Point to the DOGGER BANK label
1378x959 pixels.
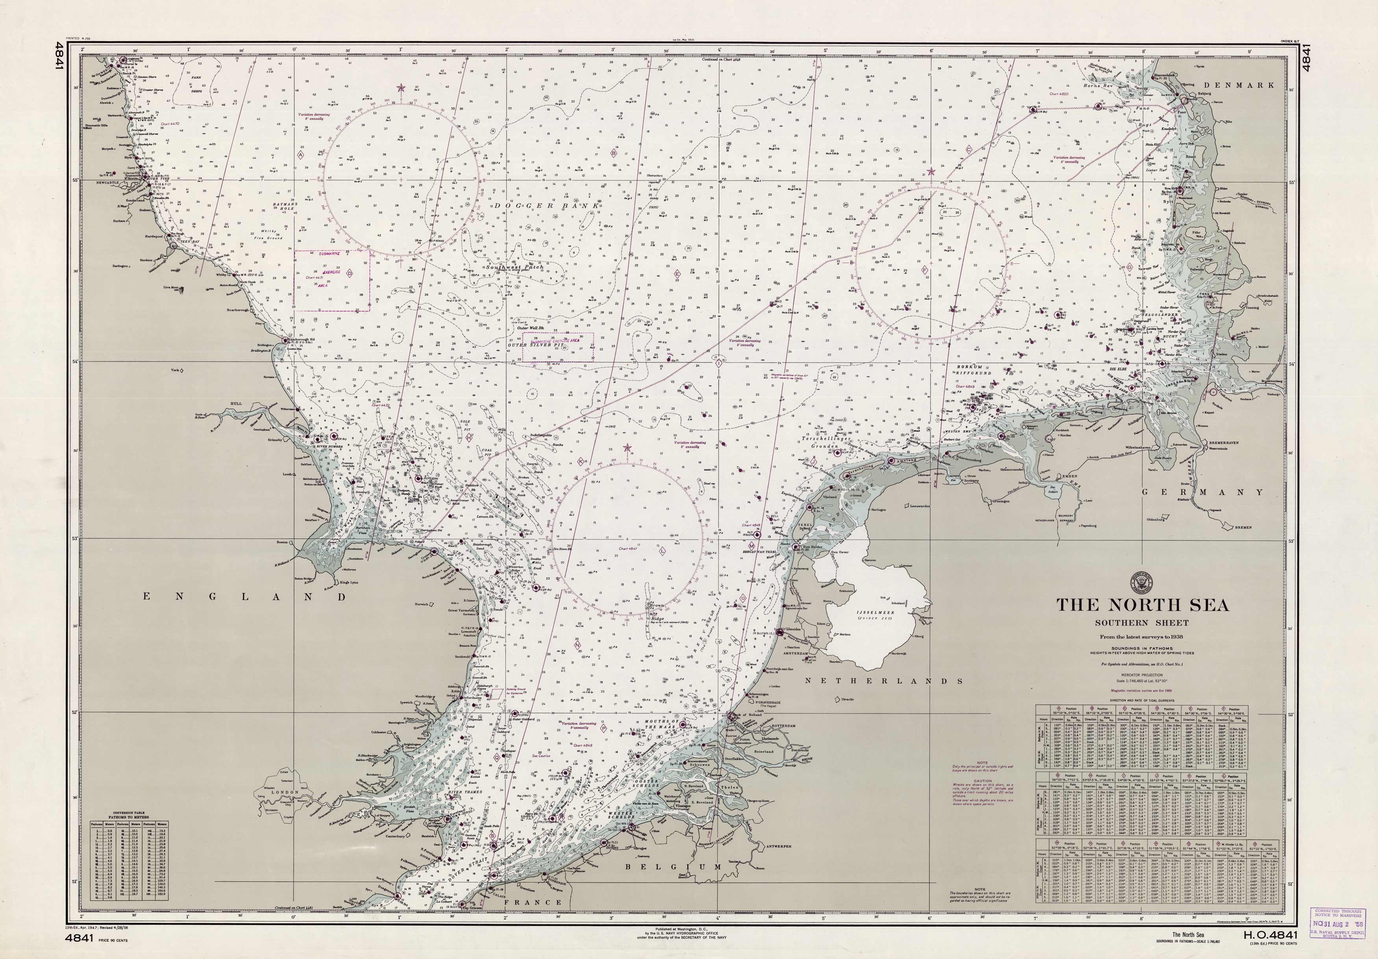pos(546,206)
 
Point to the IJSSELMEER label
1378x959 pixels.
pos(874,613)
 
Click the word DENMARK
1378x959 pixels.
pos(1238,85)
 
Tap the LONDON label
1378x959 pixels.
pos(285,792)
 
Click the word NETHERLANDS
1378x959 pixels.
pos(883,681)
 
